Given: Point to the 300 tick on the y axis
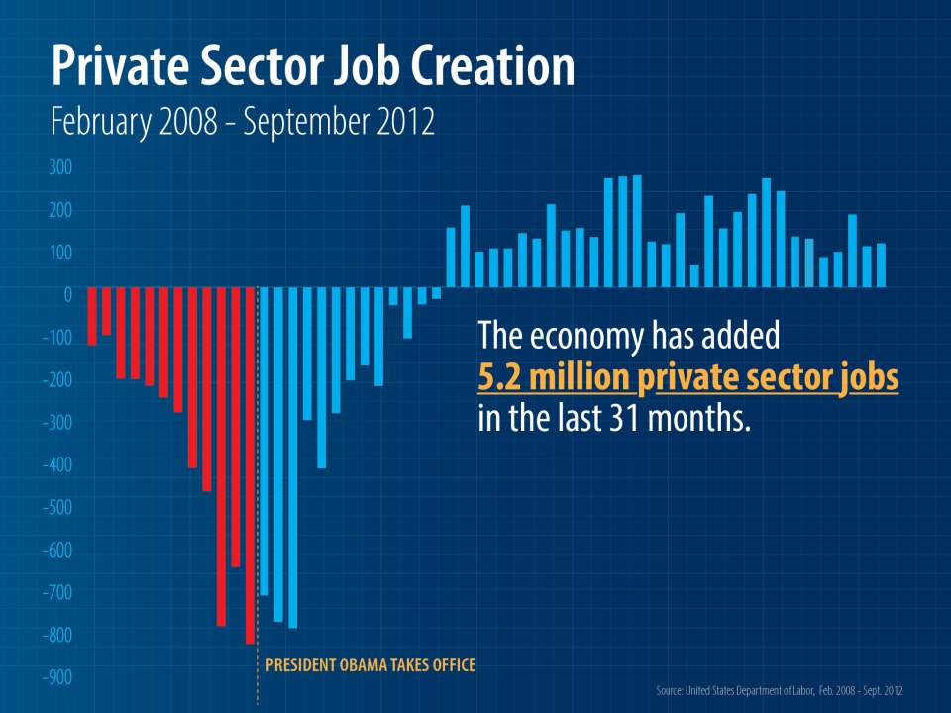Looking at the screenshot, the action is click(x=60, y=167).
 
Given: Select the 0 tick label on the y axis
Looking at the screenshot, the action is click(x=68, y=295).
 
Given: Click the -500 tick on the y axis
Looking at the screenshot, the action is click(x=57, y=507).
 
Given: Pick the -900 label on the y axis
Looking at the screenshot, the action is click(x=57, y=677).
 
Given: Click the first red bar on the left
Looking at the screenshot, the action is click(x=92, y=316).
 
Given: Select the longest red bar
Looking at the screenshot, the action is click(x=250, y=465).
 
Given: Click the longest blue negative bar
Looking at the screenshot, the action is click(x=293, y=458).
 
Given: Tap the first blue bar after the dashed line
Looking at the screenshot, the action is click(x=264, y=441).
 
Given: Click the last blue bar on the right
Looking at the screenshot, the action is click(x=881, y=265).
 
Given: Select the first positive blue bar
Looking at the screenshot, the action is click(x=451, y=257).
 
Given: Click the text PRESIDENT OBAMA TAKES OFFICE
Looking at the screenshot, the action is click(x=370, y=665).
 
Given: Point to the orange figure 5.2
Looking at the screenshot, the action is click(x=499, y=377).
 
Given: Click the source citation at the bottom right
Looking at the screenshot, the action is click(x=780, y=690).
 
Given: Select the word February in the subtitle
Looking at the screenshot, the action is click(x=101, y=123).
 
